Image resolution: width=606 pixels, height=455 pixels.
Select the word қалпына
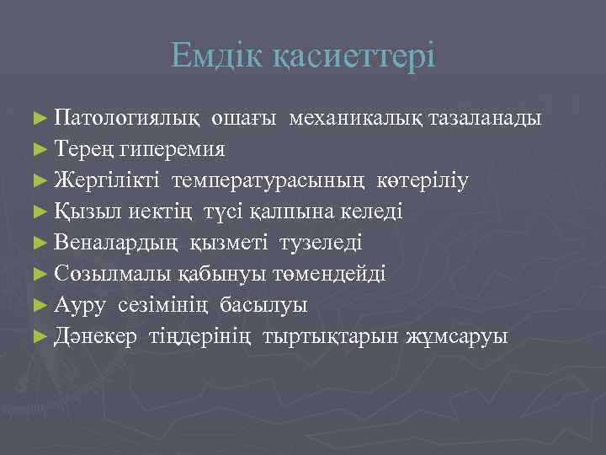tap(311, 211)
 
